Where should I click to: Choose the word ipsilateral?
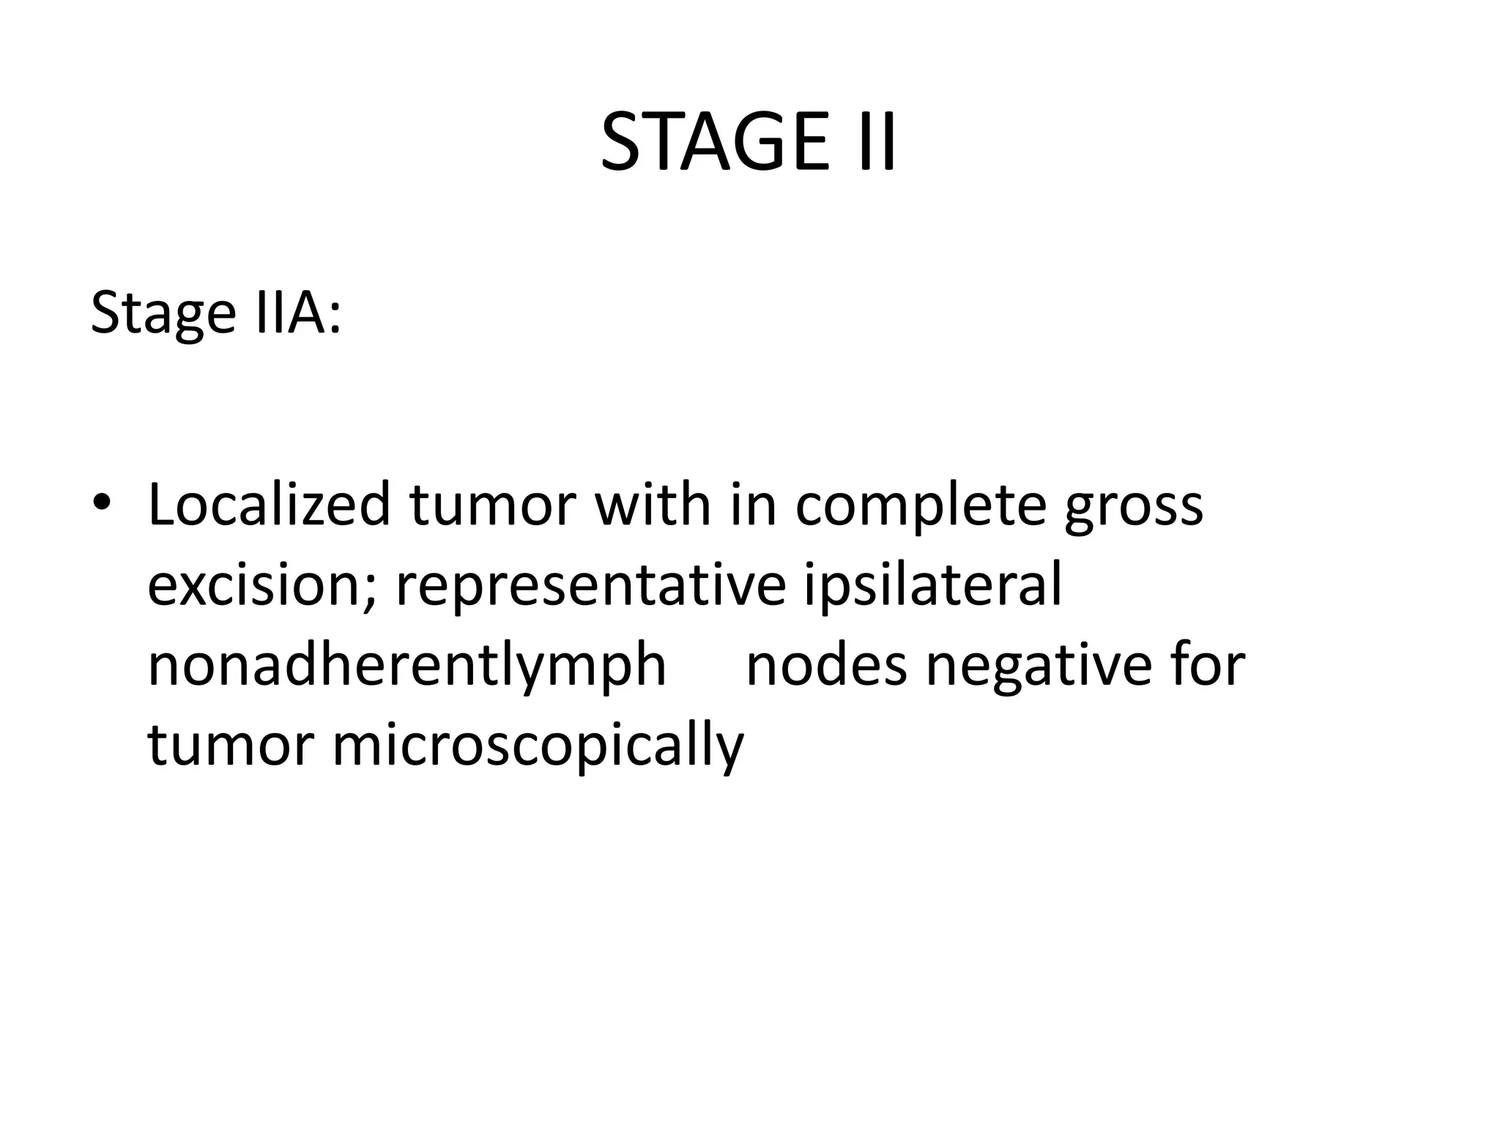pos(932,585)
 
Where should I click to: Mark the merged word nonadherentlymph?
pos(406,667)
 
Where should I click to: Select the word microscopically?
pos(538,747)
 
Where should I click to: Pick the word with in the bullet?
pos(653,505)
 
